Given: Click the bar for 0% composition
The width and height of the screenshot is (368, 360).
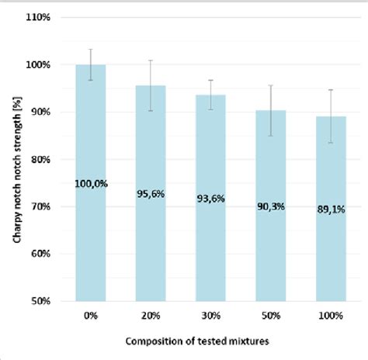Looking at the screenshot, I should click(x=90, y=233).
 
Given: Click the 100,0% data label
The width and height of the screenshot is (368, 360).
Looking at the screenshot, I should click(x=90, y=183).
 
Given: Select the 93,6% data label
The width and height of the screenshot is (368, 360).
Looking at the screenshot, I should click(x=210, y=199).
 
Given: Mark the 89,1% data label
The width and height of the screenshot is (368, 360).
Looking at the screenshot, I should click(x=332, y=209).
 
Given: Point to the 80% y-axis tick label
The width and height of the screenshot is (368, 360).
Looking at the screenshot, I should click(x=42, y=159).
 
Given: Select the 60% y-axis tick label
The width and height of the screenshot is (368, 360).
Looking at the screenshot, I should click(x=42, y=254).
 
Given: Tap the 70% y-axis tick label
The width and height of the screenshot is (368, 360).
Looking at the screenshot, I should click(x=42, y=206).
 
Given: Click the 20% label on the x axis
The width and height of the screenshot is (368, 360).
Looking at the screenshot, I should click(x=151, y=315).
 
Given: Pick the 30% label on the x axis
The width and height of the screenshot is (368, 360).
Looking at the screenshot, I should click(x=210, y=315).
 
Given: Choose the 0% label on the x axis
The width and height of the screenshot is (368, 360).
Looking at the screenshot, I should click(x=90, y=315).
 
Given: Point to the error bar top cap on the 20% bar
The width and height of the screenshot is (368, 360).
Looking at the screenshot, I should click(x=151, y=61).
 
